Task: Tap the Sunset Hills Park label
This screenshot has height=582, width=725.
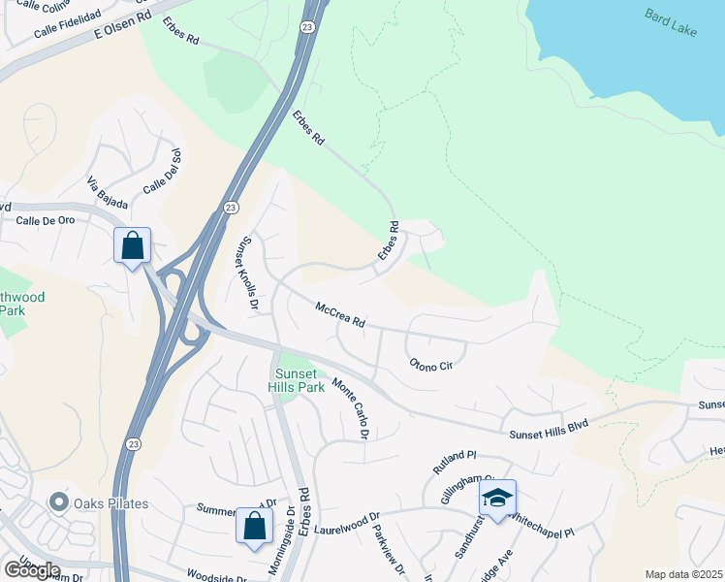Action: pyautogui.click(x=298, y=377)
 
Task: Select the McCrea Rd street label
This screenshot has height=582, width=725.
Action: pyautogui.click(x=339, y=314)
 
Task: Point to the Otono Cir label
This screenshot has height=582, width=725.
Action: pyautogui.click(x=431, y=364)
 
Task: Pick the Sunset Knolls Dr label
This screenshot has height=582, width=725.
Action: pyautogui.click(x=249, y=273)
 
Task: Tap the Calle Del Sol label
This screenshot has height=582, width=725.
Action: pyautogui.click(x=162, y=171)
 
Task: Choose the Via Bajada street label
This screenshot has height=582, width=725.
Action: pyautogui.click(x=108, y=197)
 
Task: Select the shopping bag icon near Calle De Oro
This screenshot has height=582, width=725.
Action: pyautogui.click(x=133, y=245)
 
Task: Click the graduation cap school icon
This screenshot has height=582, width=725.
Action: pyautogui.click(x=497, y=498)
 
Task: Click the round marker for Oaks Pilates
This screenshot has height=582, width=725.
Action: pyautogui.click(x=60, y=501)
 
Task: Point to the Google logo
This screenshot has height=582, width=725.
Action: pyautogui.click(x=32, y=570)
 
